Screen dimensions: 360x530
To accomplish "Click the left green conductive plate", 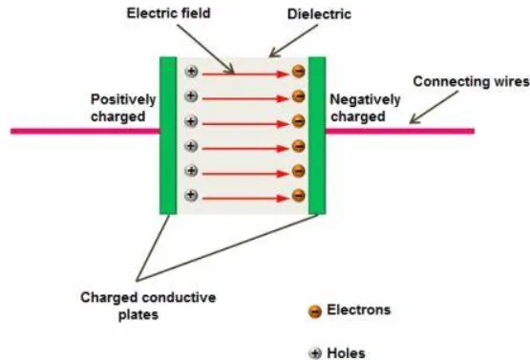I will click(x=168, y=134).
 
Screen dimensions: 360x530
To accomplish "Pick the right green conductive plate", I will click(x=317, y=134).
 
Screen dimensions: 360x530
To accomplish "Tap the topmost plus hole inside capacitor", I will click(x=191, y=72).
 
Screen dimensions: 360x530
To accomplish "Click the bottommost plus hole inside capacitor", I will click(x=191, y=196).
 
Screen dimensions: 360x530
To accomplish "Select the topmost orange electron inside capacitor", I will click(x=298, y=72).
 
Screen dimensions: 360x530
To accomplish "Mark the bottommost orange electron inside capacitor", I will click(x=298, y=196).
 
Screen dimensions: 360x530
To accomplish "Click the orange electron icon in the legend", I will click(x=314, y=311).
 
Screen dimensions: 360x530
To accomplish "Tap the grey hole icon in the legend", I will click(x=314, y=352).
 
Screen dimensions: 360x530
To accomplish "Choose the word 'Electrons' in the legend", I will click(x=359, y=310).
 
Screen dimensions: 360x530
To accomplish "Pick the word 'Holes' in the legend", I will click(x=347, y=352).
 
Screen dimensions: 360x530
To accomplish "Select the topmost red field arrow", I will click(x=244, y=72).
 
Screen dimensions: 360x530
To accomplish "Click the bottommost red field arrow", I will click(x=244, y=197).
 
